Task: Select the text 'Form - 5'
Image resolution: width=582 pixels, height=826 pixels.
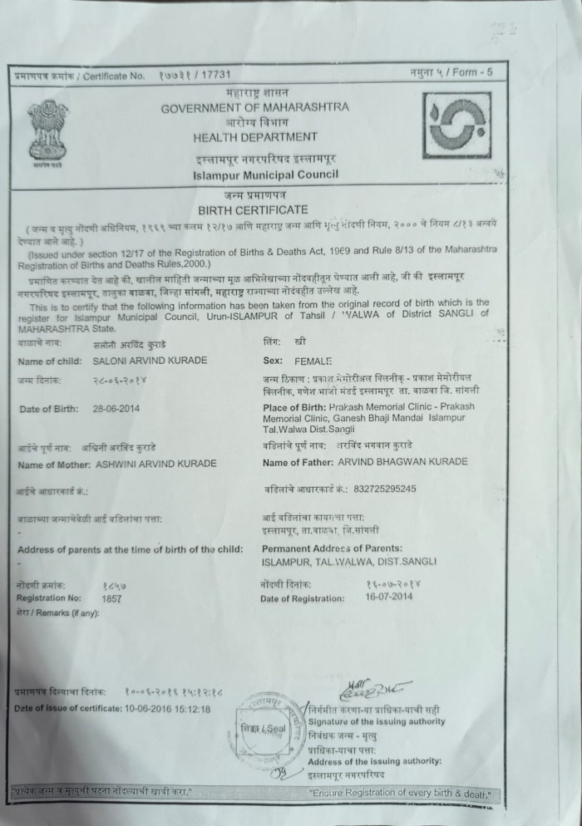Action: point(473,73)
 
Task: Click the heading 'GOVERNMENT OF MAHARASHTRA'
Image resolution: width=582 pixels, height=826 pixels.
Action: point(255,108)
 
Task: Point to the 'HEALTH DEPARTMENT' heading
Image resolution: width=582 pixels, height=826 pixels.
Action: point(254,137)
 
